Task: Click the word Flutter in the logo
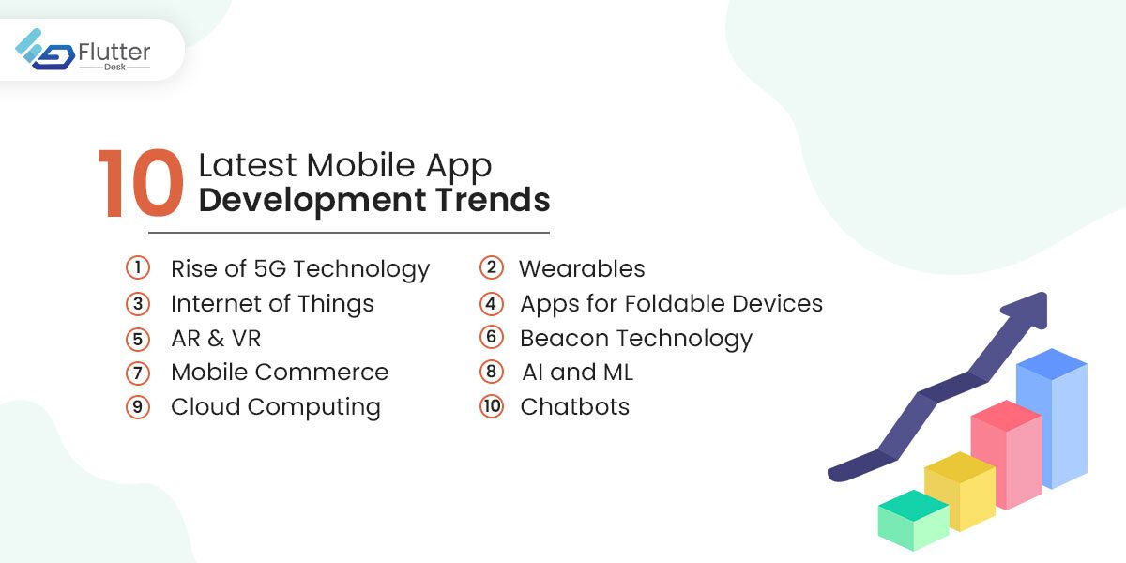[x=114, y=51]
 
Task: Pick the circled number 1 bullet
[x=137, y=268]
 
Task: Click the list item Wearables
[x=582, y=268]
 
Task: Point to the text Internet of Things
[x=272, y=303]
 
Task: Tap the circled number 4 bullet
[x=492, y=303]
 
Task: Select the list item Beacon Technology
[x=636, y=338]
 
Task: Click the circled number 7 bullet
[x=137, y=372]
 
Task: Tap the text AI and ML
[x=577, y=372]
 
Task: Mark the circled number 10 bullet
[x=492, y=406]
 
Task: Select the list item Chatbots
[x=574, y=406]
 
